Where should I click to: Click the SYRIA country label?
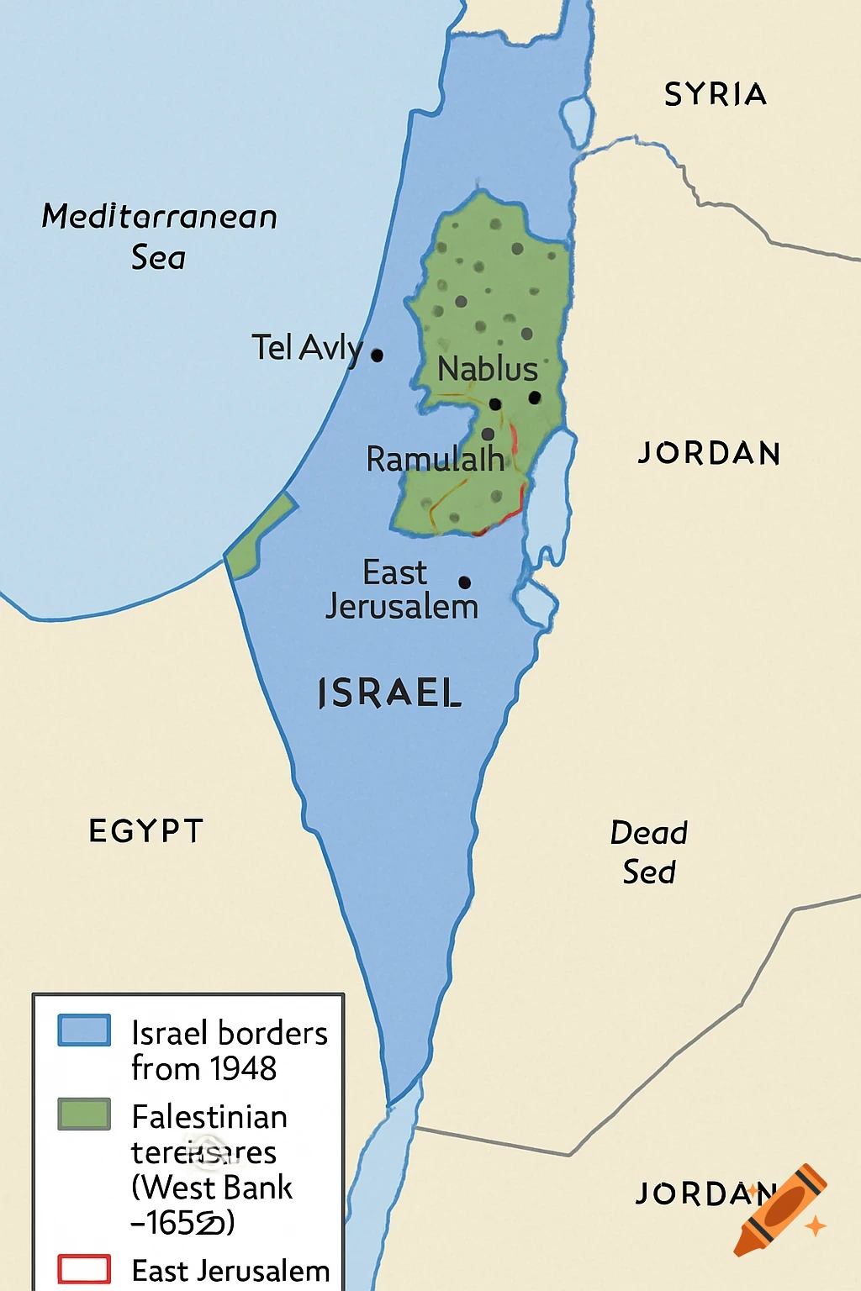716,94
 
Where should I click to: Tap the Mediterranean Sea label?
159,236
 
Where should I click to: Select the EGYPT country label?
146,831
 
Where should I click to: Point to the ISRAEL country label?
390,693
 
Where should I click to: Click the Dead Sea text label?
648,852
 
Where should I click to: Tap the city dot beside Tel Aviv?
377,356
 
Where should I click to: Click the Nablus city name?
488,369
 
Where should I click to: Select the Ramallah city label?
435,460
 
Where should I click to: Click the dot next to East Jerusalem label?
464,582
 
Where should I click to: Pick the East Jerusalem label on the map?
400,589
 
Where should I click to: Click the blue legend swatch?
84,1030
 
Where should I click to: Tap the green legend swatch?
84,1114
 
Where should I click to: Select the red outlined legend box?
84,1268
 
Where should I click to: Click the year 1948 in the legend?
243,1069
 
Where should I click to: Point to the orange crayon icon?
780,1209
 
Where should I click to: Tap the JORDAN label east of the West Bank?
709,454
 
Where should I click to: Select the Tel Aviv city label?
307,347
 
